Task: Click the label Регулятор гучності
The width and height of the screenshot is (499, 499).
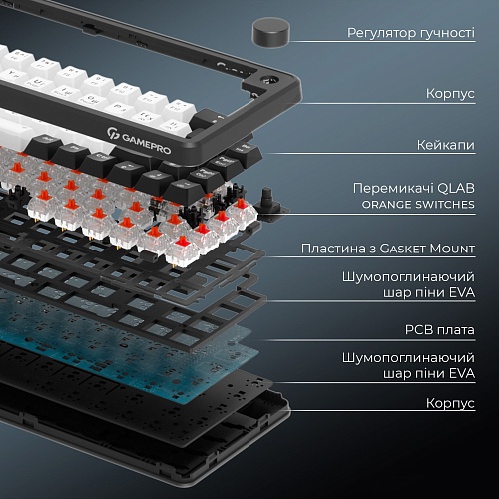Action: (x=411, y=33)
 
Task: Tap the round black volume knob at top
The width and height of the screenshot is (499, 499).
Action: (x=271, y=33)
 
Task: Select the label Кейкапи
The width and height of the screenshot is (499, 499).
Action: (x=446, y=145)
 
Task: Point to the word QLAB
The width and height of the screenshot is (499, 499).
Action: (x=456, y=189)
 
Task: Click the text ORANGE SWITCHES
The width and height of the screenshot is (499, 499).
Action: (x=418, y=204)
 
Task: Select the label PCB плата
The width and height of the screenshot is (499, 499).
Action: (x=440, y=330)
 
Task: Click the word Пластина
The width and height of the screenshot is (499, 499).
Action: (x=333, y=249)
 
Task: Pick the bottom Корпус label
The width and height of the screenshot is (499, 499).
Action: (x=450, y=403)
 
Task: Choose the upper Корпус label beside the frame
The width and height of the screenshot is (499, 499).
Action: (x=450, y=94)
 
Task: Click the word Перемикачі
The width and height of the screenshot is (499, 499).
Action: (x=392, y=189)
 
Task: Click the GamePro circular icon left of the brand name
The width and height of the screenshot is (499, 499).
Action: (x=112, y=134)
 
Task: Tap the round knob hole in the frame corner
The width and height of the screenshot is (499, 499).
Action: (x=269, y=81)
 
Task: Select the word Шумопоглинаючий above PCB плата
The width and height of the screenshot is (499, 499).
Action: (x=408, y=277)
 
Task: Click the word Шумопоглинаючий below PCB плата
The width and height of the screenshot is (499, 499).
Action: (x=408, y=358)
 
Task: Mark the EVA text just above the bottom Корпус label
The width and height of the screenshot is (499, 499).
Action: (x=462, y=373)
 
